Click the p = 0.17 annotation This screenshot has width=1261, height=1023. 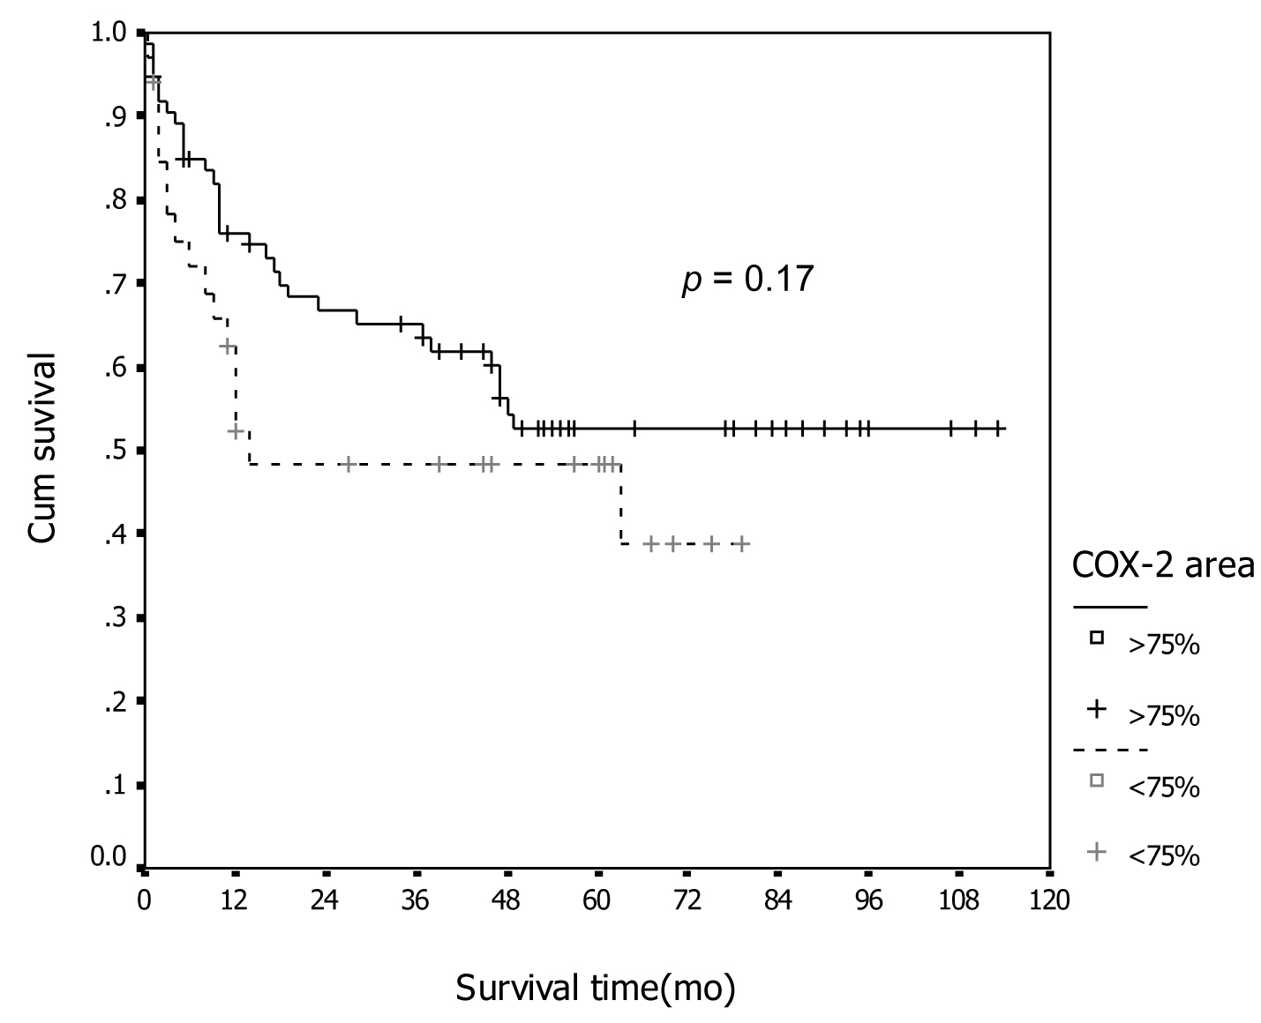coord(747,280)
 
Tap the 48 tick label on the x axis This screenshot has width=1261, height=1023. coord(507,901)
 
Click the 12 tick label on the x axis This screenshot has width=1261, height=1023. coord(234,901)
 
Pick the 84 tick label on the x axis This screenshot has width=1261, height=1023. coord(778,901)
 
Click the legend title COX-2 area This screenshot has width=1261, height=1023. coord(1163,564)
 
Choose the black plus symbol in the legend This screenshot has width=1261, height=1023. coord(1097,709)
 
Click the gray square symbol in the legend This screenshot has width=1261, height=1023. coord(1097,780)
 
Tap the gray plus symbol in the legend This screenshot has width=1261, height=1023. coord(1097,851)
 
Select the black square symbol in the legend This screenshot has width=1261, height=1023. coord(1097,638)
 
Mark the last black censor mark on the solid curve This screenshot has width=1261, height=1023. coord(998,429)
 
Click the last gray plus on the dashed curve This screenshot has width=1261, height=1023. coord(742,543)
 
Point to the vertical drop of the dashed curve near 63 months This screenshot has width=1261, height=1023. coord(621,504)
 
